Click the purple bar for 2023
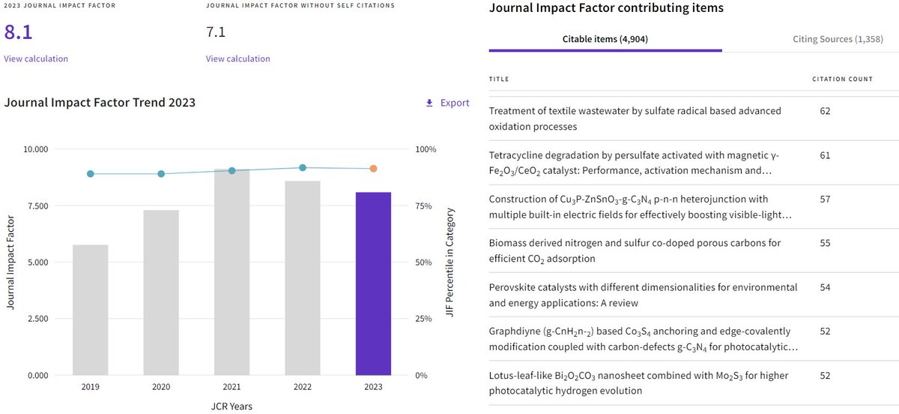click(373, 283)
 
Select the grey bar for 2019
click(91, 310)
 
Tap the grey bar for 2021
click(232, 272)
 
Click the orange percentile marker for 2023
click(373, 169)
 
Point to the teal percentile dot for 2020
click(161, 174)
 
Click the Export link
click(455, 103)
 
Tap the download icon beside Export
click(429, 103)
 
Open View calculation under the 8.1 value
click(36, 58)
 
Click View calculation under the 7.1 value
click(238, 58)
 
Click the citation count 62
click(825, 111)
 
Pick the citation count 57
click(825, 199)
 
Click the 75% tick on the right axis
click(423, 205)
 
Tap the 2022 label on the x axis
click(303, 387)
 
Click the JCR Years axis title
click(231, 406)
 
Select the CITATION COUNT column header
click(842, 79)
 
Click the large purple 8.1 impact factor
click(18, 31)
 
